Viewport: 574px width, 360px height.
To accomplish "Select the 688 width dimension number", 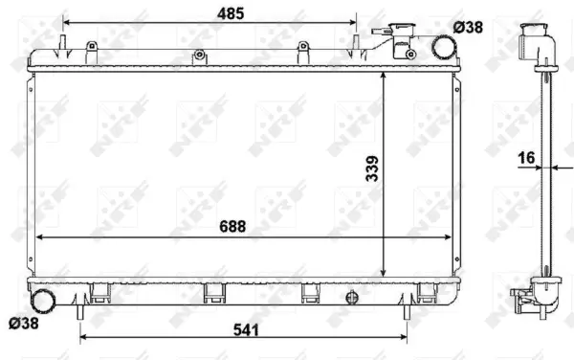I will [231, 226].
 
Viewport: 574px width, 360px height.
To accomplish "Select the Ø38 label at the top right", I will [469, 28].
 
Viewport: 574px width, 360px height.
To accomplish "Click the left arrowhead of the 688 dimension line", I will [38, 236].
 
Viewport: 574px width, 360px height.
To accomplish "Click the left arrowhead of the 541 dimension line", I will [83, 337].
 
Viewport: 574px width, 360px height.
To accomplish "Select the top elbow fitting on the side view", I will [533, 39].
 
